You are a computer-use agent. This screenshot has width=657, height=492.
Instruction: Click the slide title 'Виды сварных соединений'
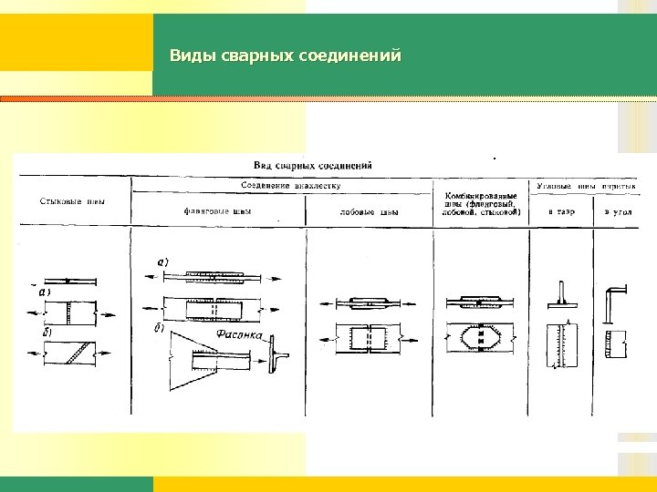[x=285, y=56]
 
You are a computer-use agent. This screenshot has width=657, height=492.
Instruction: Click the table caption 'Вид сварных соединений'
[x=312, y=166]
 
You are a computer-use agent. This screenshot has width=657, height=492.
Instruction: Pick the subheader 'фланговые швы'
[x=217, y=212]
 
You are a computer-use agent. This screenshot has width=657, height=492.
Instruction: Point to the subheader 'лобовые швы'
[x=369, y=213]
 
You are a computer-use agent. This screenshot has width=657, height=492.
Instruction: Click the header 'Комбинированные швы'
[x=482, y=204]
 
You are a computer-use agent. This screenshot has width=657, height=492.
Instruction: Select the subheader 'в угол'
[x=617, y=212]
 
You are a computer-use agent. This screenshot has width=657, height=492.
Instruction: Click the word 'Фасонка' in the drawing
[x=240, y=335]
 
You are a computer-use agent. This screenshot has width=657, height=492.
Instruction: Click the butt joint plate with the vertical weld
[x=68, y=313]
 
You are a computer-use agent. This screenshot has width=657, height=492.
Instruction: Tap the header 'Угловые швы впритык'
[x=584, y=185]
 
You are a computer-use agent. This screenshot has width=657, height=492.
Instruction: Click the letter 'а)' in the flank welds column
[x=162, y=261]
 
